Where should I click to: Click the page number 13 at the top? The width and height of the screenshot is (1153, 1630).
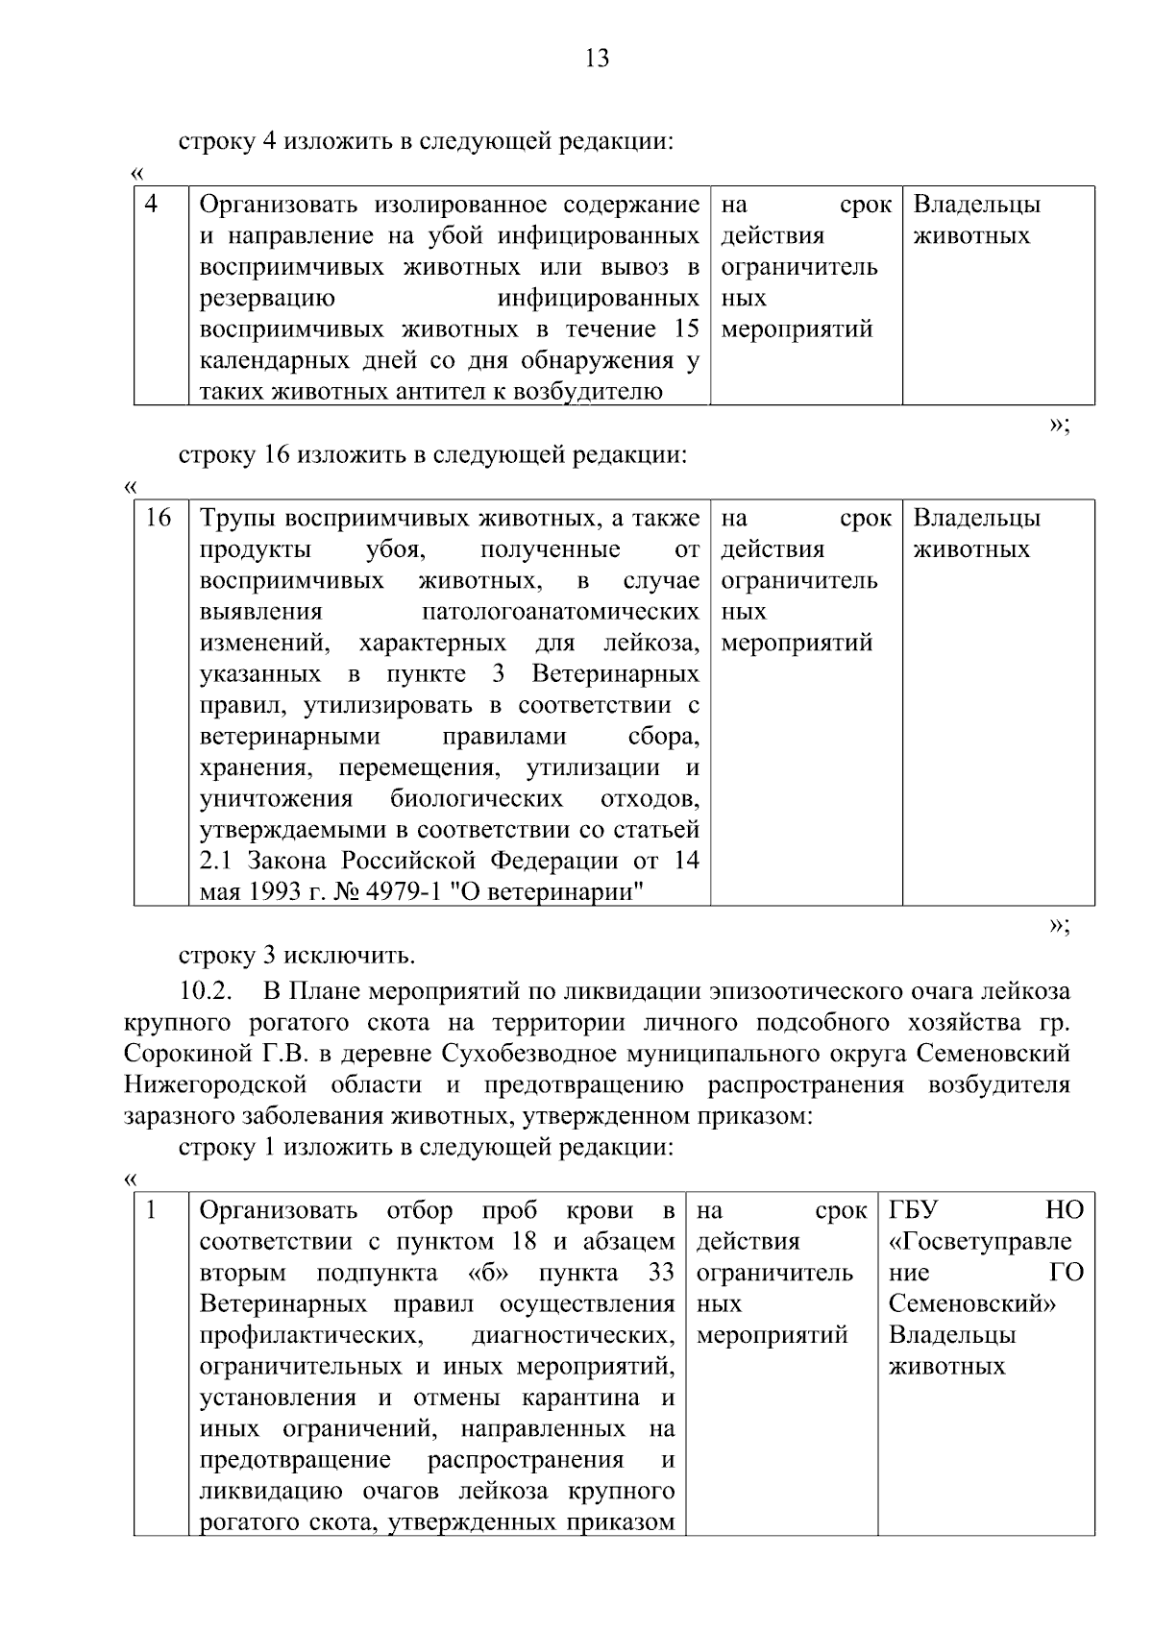click(596, 60)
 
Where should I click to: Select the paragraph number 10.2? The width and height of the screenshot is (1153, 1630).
click(207, 990)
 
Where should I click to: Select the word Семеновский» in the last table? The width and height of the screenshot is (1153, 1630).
click(972, 1304)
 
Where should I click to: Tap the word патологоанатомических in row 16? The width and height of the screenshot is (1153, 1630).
click(560, 613)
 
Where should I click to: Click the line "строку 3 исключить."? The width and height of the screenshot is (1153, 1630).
click(297, 957)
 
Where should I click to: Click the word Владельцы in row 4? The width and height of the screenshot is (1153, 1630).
click(976, 205)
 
